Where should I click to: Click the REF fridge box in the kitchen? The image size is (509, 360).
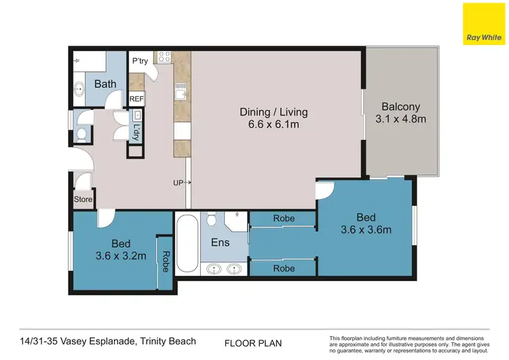[136, 99]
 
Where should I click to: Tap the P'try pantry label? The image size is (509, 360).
[140, 61]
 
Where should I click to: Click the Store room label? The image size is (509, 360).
[83, 200]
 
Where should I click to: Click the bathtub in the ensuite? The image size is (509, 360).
[187, 244]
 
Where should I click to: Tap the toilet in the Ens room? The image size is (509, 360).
[212, 219]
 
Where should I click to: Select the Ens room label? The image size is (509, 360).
[221, 242]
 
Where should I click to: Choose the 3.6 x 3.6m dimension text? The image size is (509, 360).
[365, 230]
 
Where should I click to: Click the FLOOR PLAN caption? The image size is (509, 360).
[252, 344]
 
